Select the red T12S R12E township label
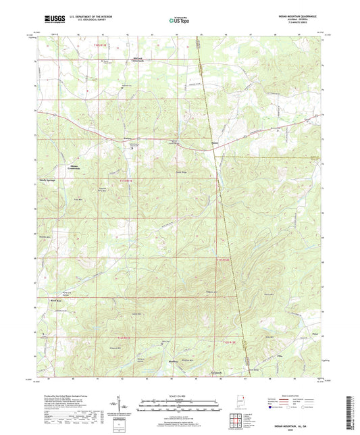click(x=223, y=261)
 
